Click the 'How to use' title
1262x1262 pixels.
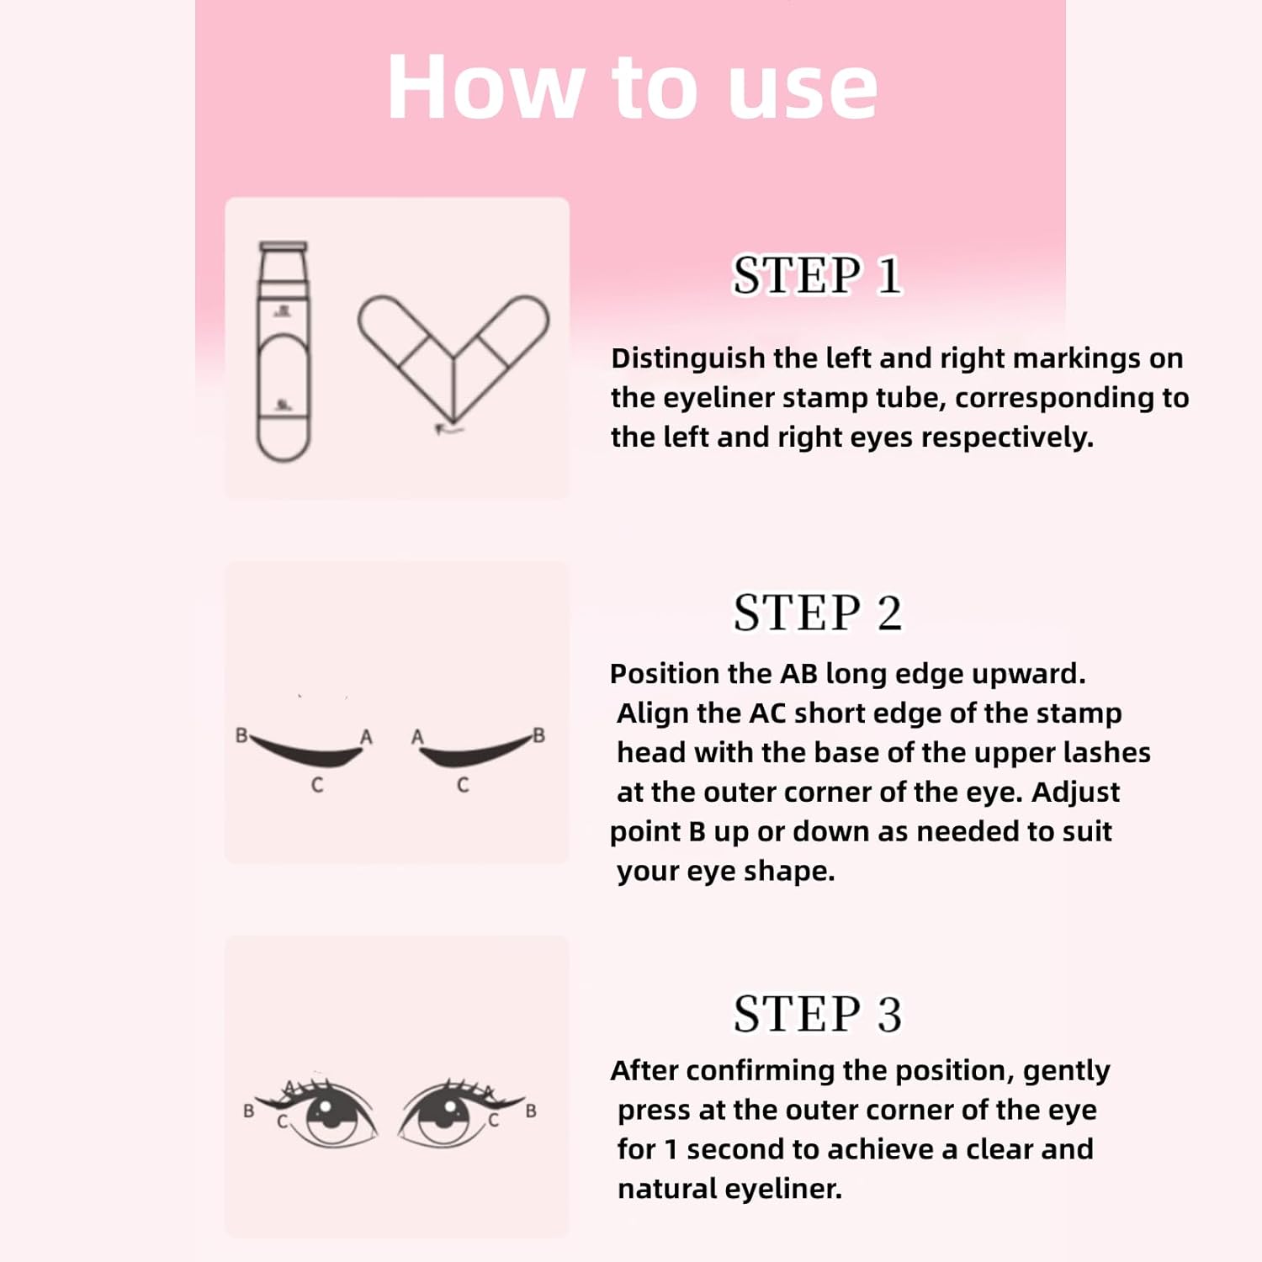coord(633,87)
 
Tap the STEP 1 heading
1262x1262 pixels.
coord(817,275)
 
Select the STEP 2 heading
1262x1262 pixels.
coord(817,612)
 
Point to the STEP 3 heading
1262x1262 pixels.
coord(817,1014)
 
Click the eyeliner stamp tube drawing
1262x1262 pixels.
coord(284,352)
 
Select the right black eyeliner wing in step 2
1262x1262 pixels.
coord(475,751)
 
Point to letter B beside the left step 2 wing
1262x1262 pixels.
coord(241,735)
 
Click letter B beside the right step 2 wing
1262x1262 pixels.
coord(538,735)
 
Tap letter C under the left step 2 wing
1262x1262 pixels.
coord(316,786)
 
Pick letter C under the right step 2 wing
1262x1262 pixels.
coord(463,786)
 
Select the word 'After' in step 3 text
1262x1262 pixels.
coord(638,1071)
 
